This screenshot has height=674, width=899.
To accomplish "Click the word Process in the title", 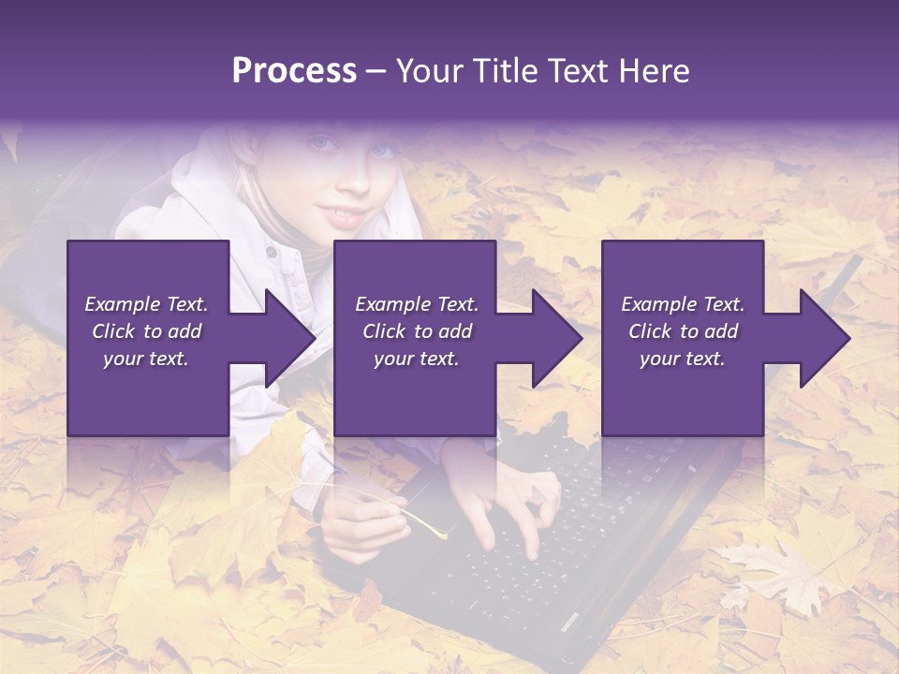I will pyautogui.click(x=294, y=71).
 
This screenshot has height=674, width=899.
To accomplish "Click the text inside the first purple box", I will pyautogui.click(x=147, y=331).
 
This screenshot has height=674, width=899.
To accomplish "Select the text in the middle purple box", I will pyautogui.click(x=416, y=331).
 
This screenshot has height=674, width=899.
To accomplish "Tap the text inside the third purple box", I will pyautogui.click(x=683, y=331).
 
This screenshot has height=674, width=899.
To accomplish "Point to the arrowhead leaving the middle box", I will pyautogui.click(x=555, y=338).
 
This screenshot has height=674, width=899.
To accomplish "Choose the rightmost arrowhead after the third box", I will pyautogui.click(x=823, y=338).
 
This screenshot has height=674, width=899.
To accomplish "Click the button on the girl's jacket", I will pyautogui.click(x=271, y=252).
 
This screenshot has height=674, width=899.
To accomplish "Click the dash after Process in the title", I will pyautogui.click(x=376, y=73).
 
